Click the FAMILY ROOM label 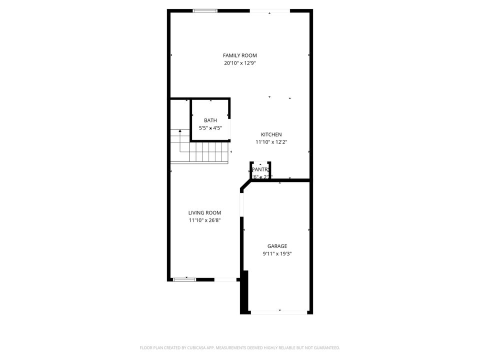click(x=240, y=55)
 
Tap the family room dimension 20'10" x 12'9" click(x=240, y=63)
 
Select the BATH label click(x=210, y=120)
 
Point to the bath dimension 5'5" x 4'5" click(x=210, y=128)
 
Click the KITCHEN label click(x=271, y=134)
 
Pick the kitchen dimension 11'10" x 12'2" click(x=271, y=142)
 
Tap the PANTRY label click(x=261, y=169)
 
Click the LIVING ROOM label click(x=204, y=212)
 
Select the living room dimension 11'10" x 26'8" click(x=204, y=220)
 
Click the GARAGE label click(x=277, y=246)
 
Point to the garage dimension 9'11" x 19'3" click(x=277, y=253)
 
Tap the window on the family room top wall click(x=205, y=10)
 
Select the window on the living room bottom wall click(x=184, y=279)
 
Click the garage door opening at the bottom click(x=279, y=312)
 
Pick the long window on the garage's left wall click(x=241, y=205)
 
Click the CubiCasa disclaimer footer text click(x=240, y=347)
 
